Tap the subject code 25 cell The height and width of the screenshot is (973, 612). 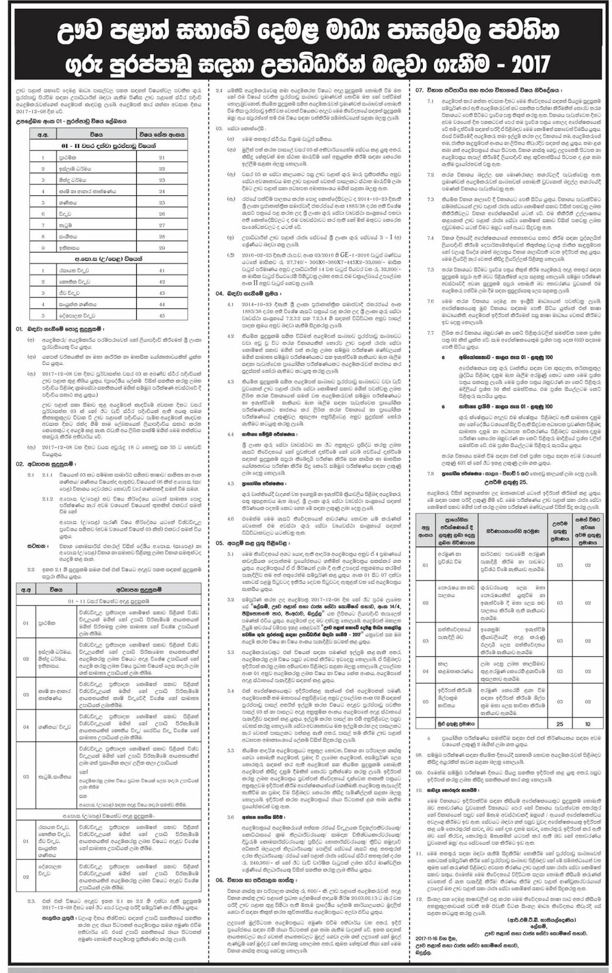click(x=162, y=203)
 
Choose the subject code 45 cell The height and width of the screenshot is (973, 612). click(x=162, y=315)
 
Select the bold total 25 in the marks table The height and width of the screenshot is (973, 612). click(x=560, y=724)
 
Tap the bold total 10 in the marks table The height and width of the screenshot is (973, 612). click(x=588, y=724)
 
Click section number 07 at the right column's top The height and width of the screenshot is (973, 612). click(x=419, y=90)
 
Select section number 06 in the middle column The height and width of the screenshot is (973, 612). click(x=220, y=880)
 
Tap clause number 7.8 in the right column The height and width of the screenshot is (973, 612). click(x=430, y=473)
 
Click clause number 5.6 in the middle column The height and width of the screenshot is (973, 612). click(x=231, y=817)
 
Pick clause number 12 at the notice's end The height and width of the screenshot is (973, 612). click(x=419, y=898)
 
